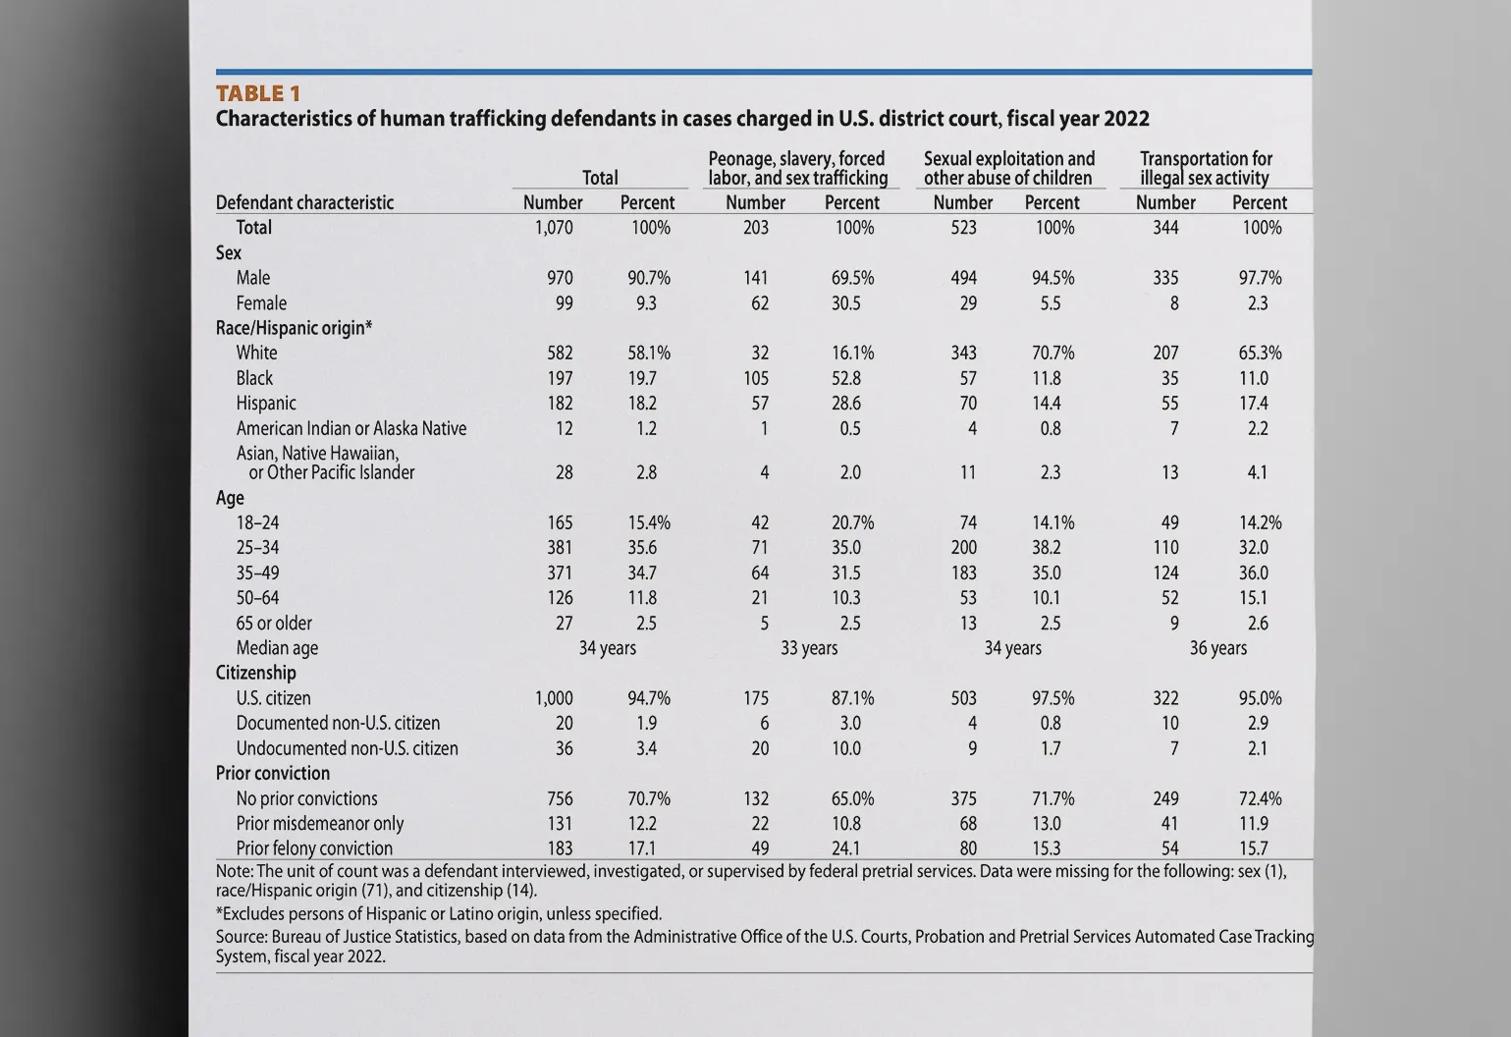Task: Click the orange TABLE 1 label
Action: [x=257, y=93]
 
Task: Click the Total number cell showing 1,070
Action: [x=554, y=228]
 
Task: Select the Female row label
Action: [x=261, y=303]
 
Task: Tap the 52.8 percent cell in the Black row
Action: [x=845, y=378]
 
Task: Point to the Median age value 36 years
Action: [x=1217, y=648]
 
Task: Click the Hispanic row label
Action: [x=265, y=404]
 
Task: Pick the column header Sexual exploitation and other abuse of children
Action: [x=1008, y=168]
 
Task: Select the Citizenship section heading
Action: [x=255, y=673]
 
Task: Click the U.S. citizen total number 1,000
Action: [x=554, y=698]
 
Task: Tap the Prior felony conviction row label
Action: [x=314, y=848]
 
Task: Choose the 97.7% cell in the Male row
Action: [x=1260, y=279]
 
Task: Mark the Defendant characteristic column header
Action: [x=304, y=202]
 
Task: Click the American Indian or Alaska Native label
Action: [x=351, y=428]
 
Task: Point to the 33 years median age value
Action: [x=809, y=648]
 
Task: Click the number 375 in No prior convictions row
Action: [x=963, y=799]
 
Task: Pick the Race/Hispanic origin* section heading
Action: [x=294, y=328]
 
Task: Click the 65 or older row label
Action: [x=274, y=624]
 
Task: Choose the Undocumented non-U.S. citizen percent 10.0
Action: [x=845, y=748]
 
